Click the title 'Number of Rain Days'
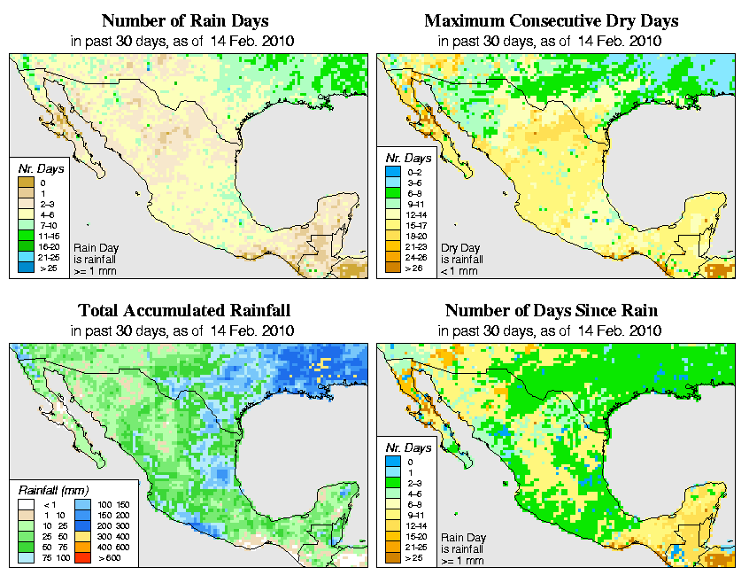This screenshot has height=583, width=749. point(186,20)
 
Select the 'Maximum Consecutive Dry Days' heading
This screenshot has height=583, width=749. point(551,20)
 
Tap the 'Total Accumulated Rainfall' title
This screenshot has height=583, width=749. point(184,311)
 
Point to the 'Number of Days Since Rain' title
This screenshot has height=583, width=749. point(551,311)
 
